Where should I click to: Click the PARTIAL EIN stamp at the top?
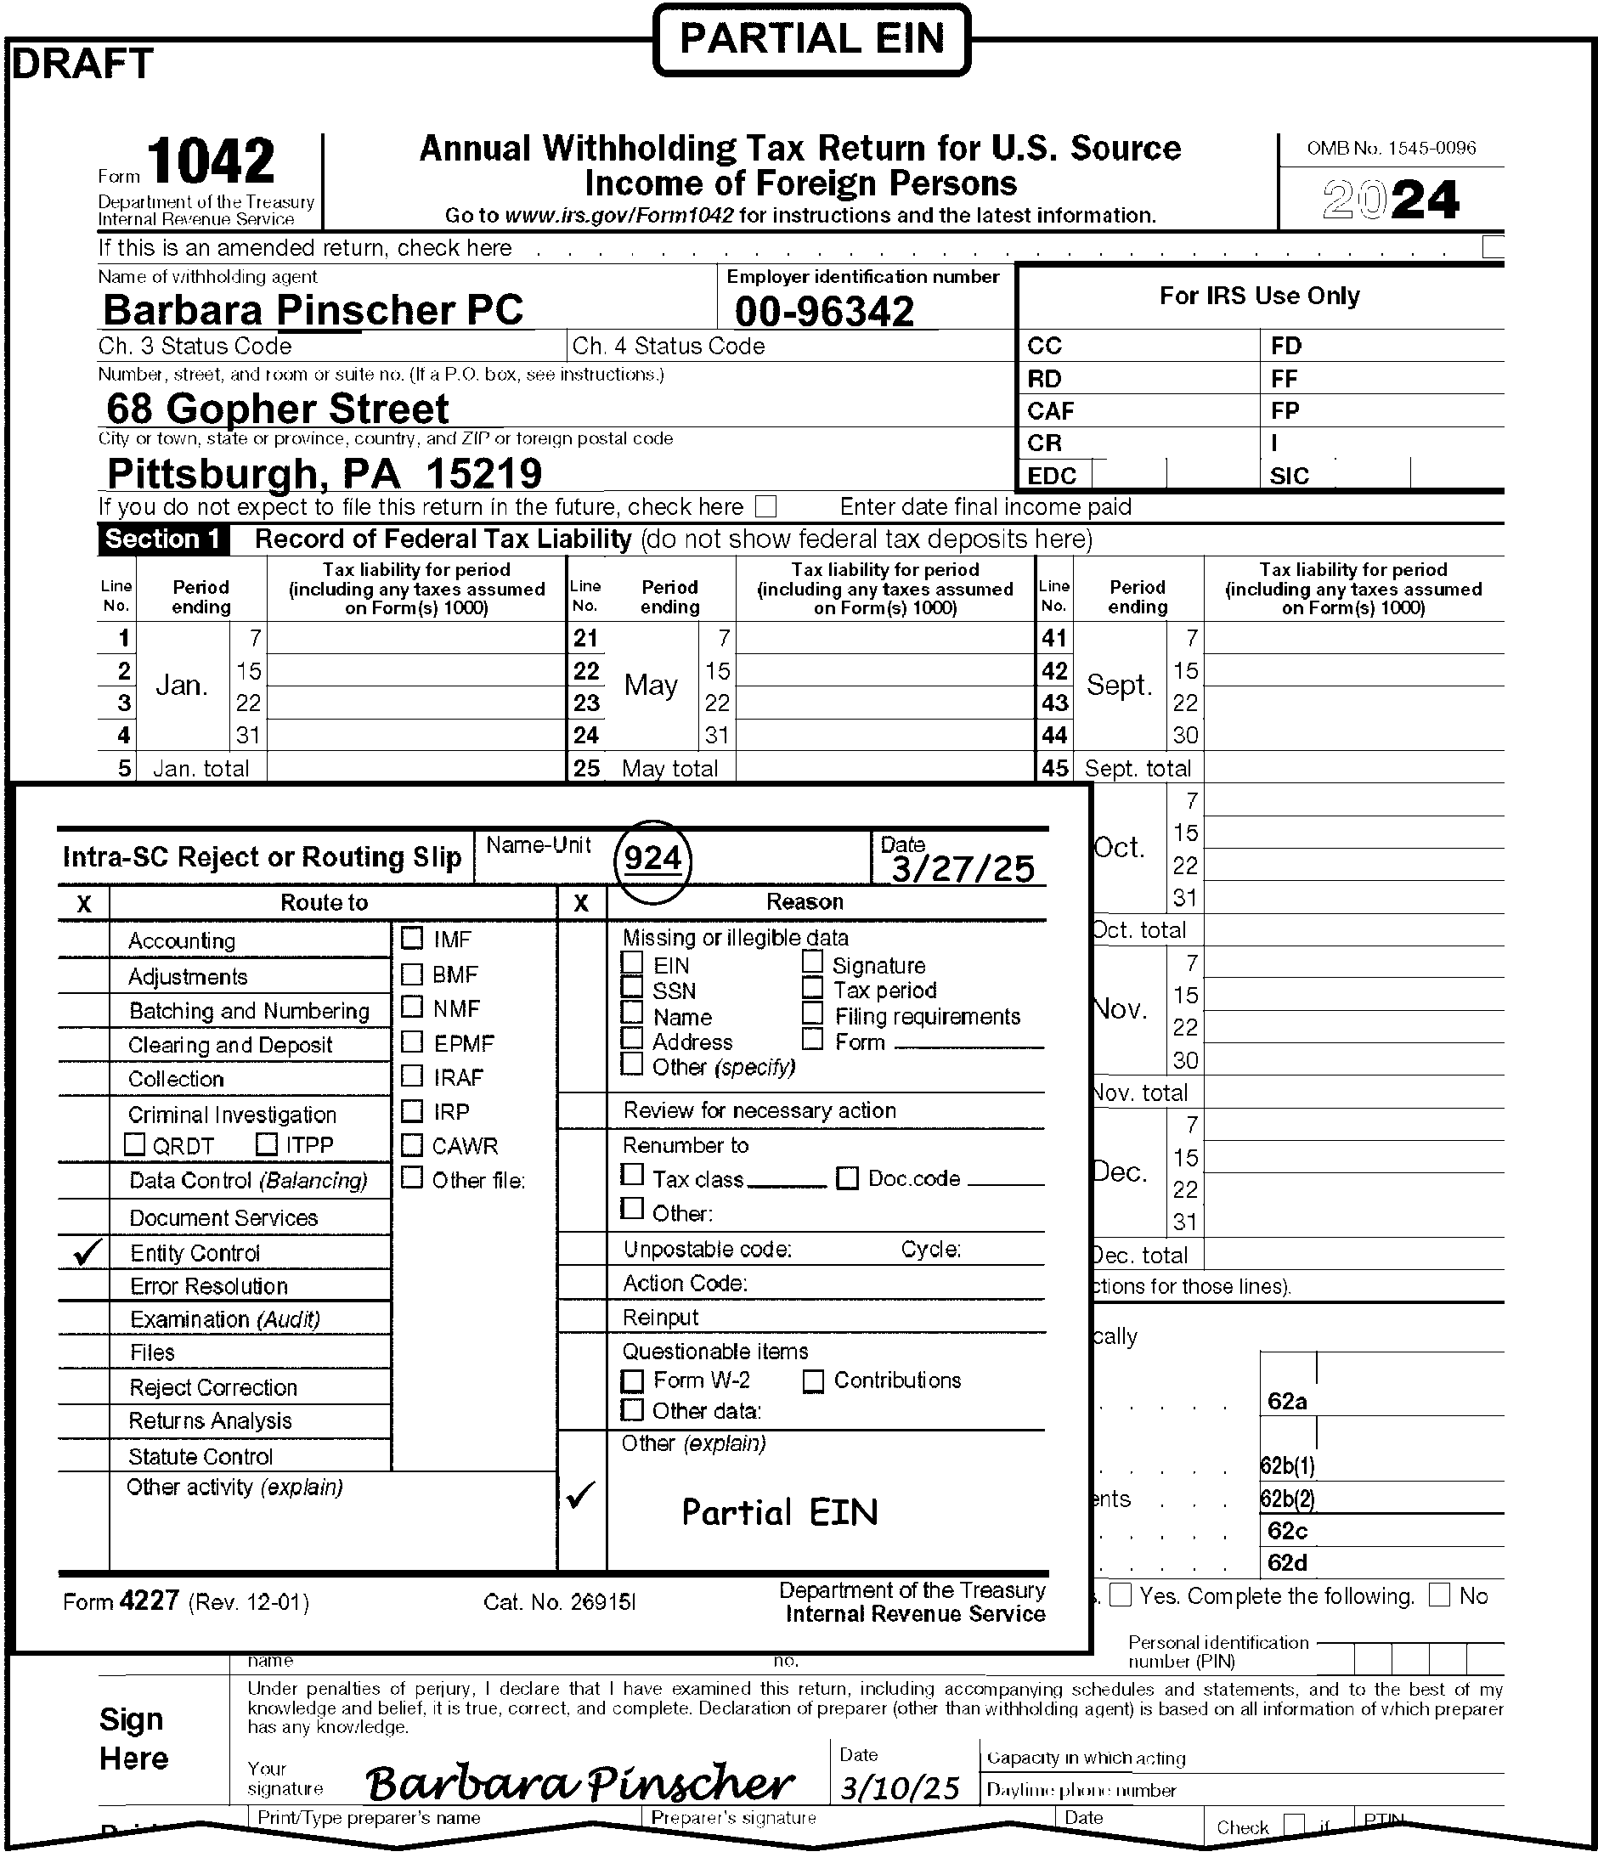[811, 40]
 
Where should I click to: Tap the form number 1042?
[211, 162]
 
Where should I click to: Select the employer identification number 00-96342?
[824, 312]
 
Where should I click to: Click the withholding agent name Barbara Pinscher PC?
[313, 310]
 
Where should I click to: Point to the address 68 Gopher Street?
[277, 409]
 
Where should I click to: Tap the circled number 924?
[652, 860]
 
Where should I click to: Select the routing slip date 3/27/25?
[963, 867]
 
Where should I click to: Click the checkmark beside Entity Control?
[86, 1251]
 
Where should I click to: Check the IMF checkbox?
[412, 939]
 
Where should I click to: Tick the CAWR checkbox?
[412, 1144]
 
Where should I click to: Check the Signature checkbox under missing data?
[813, 962]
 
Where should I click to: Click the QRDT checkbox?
[135, 1144]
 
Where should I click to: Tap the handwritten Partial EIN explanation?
[779, 1512]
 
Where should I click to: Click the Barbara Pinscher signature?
[580, 1784]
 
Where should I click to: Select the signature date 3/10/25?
[900, 1787]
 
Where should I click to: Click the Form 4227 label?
[121, 1601]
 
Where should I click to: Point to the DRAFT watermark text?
[82, 63]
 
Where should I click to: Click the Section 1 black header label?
[163, 539]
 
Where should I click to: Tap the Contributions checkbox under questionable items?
[813, 1381]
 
